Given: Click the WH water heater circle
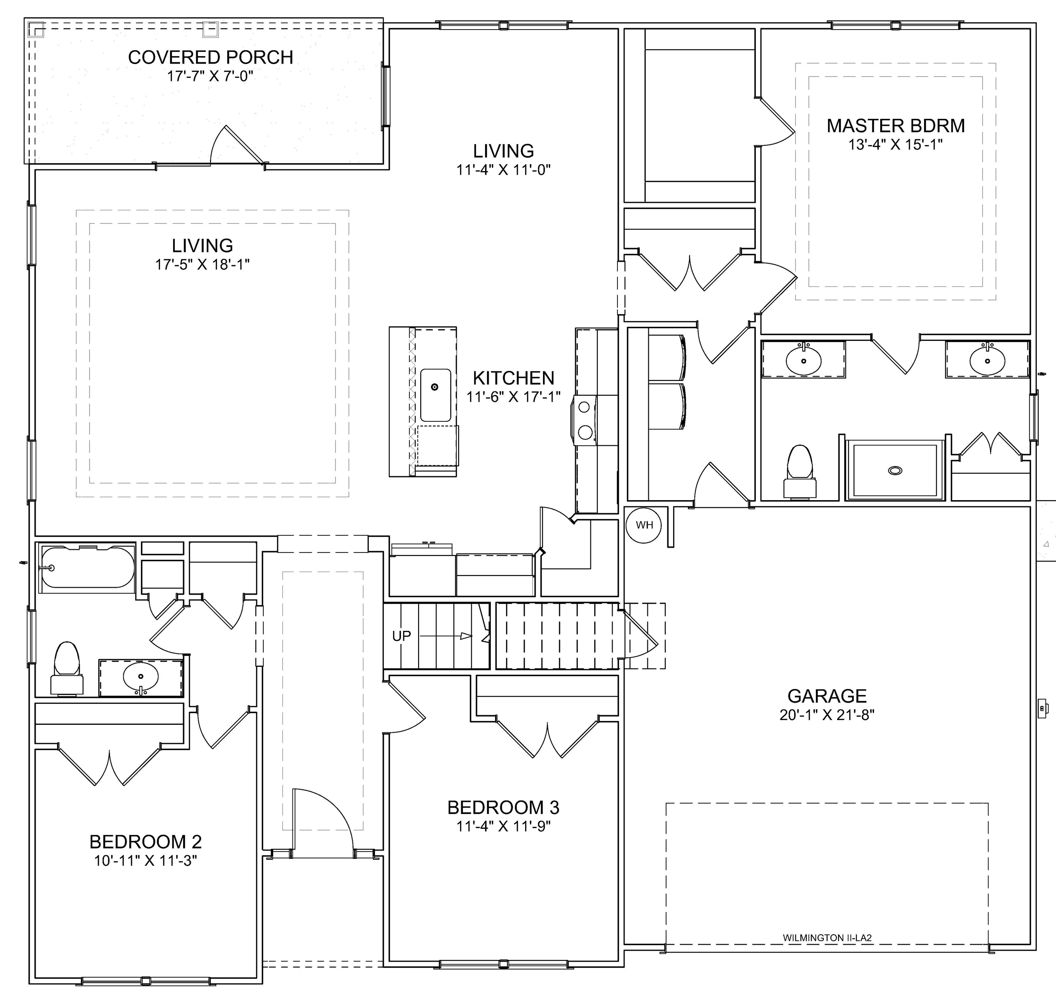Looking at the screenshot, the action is pyautogui.click(x=644, y=525).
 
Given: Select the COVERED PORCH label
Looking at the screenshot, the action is pyautogui.click(x=211, y=57).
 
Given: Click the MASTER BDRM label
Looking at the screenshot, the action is pyautogui.click(x=896, y=126).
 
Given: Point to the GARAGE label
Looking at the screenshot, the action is pyautogui.click(x=827, y=696).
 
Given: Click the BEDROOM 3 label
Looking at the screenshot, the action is pyautogui.click(x=503, y=807).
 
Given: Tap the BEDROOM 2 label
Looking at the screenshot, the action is pyautogui.click(x=145, y=841).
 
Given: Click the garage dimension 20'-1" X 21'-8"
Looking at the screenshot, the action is pyautogui.click(x=827, y=715).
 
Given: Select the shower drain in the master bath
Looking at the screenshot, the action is pyautogui.click(x=895, y=471).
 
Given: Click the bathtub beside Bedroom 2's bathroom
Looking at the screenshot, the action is pyautogui.click(x=87, y=567).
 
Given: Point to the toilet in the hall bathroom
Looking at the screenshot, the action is pyautogui.click(x=67, y=668).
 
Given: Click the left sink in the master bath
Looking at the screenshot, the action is pyautogui.click(x=803, y=360).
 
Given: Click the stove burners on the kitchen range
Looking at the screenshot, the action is pyautogui.click(x=585, y=419).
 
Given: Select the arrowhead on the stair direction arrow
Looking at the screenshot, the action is pyautogui.click(x=466, y=636).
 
